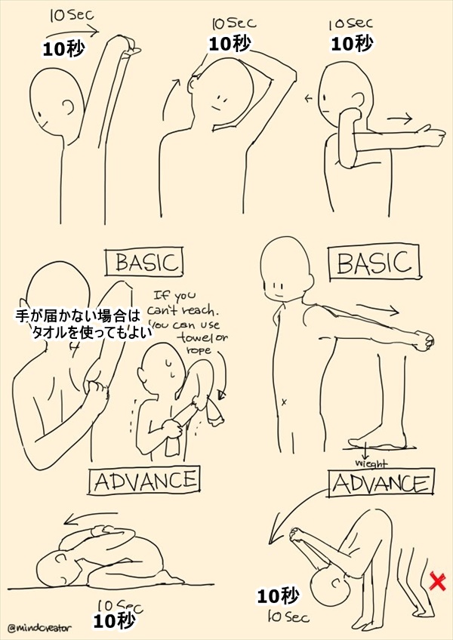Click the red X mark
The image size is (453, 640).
click(x=437, y=581)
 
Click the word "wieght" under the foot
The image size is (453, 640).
click(x=371, y=463)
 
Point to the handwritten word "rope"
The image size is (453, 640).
click(x=199, y=350)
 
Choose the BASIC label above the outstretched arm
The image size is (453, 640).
click(x=374, y=263)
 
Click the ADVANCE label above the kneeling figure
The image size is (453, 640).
click(x=145, y=482)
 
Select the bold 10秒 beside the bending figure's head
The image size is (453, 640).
click(x=277, y=597)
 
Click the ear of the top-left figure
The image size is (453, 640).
click(x=69, y=108)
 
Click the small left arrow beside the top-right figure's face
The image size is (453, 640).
click(x=308, y=98)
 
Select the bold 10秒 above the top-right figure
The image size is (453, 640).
click(x=352, y=43)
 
